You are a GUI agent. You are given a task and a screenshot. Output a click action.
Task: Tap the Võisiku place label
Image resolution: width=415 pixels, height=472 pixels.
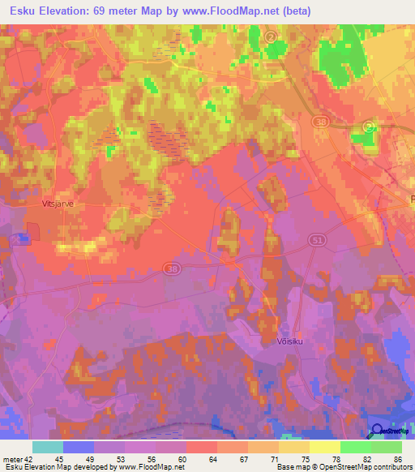280,341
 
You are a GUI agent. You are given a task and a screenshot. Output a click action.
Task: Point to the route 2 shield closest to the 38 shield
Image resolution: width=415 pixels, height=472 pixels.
369,126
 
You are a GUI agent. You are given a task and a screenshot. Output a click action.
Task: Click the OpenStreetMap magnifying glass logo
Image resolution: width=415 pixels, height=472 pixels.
377,431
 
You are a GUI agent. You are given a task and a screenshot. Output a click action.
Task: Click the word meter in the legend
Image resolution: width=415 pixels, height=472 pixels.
13,459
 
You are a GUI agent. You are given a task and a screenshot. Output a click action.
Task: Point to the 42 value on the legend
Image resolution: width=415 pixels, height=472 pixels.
29,459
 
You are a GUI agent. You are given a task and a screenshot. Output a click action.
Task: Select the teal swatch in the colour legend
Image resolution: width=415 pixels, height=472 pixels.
48,447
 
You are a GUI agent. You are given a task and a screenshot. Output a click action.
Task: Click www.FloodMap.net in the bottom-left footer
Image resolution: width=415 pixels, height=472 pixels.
151,467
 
